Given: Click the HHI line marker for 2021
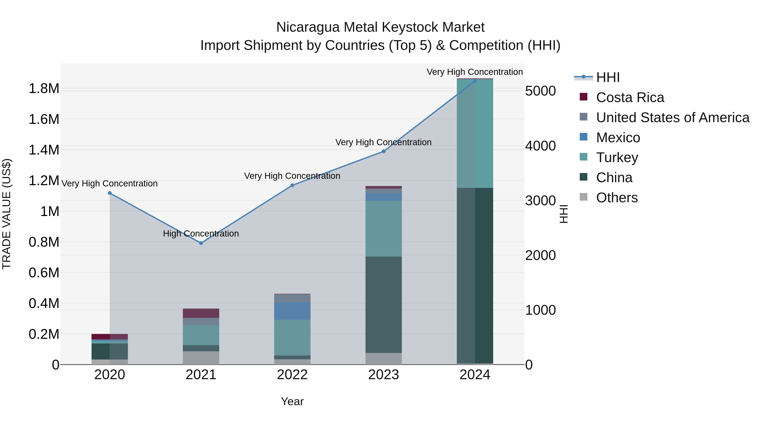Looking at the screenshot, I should click(201, 243).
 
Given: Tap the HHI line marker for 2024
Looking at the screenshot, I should click(475, 81).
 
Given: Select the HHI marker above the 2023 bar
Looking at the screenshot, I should click(383, 151).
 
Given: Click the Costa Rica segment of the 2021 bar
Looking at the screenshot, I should click(201, 313).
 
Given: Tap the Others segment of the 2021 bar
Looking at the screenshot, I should click(201, 358).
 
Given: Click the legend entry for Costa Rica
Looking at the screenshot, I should click(630, 97).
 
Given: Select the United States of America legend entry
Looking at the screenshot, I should click(672, 118).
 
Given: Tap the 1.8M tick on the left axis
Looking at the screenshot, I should click(44, 89).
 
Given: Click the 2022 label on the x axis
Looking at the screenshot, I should click(292, 375).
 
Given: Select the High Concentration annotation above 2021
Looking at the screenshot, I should click(201, 234).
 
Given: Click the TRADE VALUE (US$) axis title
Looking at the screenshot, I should click(7, 214).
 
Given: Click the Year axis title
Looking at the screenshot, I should click(292, 401).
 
